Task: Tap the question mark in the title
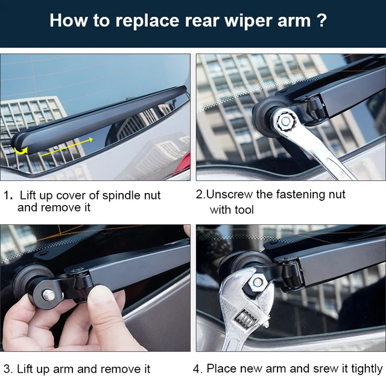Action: [x=322, y=21]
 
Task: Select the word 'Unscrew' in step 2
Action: [x=230, y=195]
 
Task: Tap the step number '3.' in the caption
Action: [x=8, y=369]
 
